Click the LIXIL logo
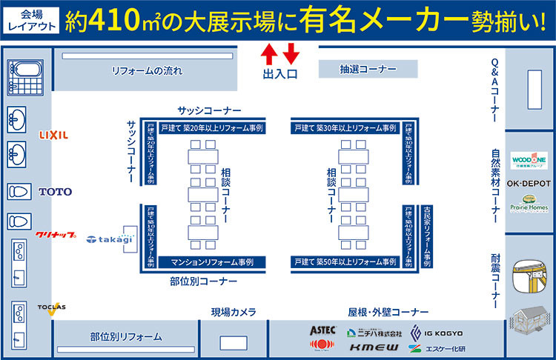(54, 135)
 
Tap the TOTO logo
(56, 192)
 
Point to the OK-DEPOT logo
(529, 183)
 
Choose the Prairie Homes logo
(529, 204)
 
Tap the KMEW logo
(374, 347)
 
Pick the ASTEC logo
(323, 330)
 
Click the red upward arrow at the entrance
(270, 53)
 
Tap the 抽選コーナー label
(358, 70)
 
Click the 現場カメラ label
(234, 312)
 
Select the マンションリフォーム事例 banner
(212, 262)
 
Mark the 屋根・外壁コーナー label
(388, 312)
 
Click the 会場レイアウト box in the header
(27, 20)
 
